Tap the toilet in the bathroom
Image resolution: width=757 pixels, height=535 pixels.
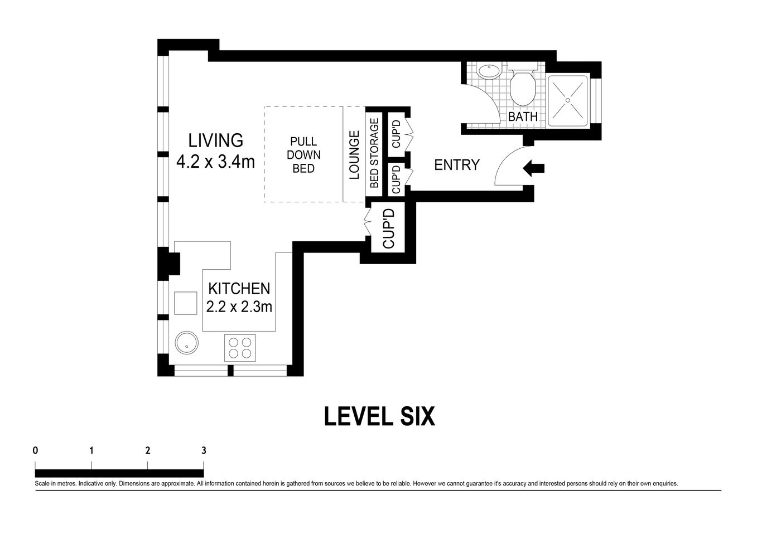tap(523, 87)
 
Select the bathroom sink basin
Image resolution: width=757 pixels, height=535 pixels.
tap(489, 71)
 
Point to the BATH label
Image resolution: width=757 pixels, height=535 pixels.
tap(523, 117)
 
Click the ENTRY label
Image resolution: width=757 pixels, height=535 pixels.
tap(456, 165)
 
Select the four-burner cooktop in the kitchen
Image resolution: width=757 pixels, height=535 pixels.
tap(240, 348)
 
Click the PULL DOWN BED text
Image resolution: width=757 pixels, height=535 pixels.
tap(303, 154)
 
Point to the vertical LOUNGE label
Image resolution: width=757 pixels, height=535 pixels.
tap(354, 154)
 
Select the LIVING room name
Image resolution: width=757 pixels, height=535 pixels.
tap(215, 140)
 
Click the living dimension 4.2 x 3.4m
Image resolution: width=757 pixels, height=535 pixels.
tap(215, 162)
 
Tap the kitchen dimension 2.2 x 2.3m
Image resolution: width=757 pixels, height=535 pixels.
tap(239, 307)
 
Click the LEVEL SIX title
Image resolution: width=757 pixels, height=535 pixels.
tap(379, 416)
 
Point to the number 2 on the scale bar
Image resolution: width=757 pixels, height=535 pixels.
tap(147, 450)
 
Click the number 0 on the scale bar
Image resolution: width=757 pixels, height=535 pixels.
tap(35, 450)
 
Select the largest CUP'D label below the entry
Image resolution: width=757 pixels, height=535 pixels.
tap(389, 228)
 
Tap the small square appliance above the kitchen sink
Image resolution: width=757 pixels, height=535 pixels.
tap(185, 303)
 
